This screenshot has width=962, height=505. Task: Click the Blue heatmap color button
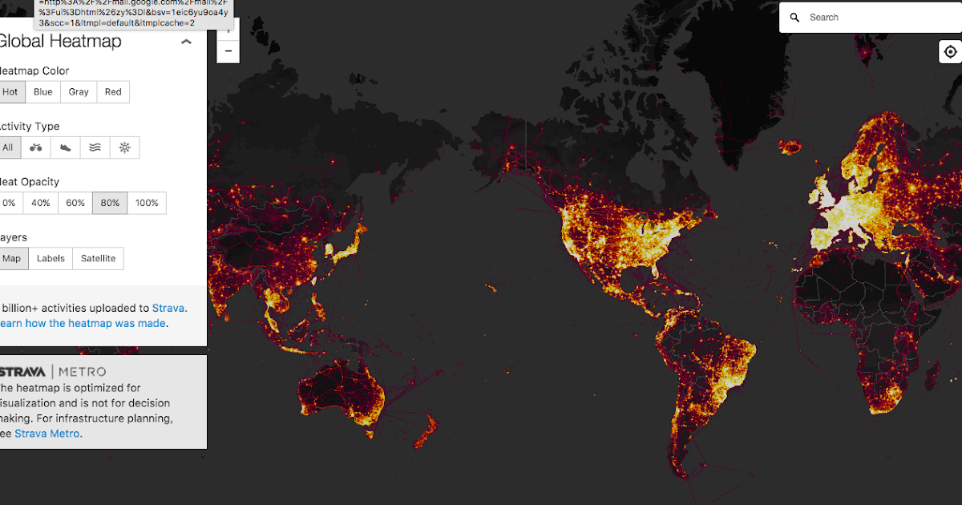[x=43, y=92]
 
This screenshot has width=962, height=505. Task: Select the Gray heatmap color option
[x=79, y=92]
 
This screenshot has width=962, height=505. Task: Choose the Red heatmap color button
[x=113, y=92]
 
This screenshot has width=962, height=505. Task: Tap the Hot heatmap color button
[x=10, y=92]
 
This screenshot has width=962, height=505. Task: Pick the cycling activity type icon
[x=36, y=147]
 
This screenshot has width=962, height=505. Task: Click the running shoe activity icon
[x=66, y=147]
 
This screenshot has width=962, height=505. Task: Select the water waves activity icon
[x=95, y=147]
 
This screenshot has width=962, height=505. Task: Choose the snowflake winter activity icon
[x=124, y=147]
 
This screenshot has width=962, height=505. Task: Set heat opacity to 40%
[x=41, y=204]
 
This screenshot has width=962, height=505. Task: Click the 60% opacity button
[x=75, y=204]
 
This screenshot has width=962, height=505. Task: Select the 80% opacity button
[x=110, y=204]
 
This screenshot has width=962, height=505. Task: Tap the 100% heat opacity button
[x=148, y=204]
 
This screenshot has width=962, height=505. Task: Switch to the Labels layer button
[x=51, y=259]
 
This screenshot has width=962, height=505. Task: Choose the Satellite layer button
[x=98, y=259]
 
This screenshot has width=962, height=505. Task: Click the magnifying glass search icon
[x=794, y=18]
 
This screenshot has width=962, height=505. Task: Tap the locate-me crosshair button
[x=950, y=52]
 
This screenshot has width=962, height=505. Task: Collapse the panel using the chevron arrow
[x=186, y=42]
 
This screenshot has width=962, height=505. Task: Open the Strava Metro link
[x=47, y=434]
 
